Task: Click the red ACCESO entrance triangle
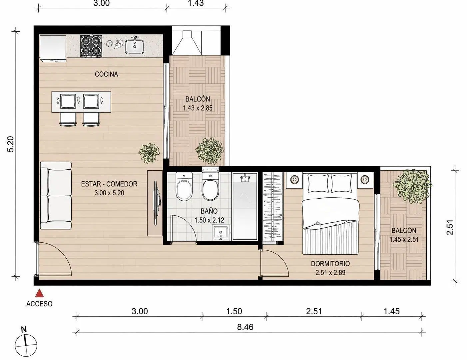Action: click(39, 293)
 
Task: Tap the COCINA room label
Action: click(106, 74)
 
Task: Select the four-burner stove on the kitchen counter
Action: click(91, 46)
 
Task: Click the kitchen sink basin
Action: click(135, 46)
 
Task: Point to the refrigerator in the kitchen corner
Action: click(53, 48)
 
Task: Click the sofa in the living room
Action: click(56, 195)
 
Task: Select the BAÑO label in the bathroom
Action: click(209, 211)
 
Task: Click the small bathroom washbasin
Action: click(221, 233)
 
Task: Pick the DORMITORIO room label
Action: click(330, 264)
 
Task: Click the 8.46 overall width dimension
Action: click(245, 327)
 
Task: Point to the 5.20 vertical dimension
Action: click(11, 144)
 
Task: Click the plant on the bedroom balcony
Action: click(412, 186)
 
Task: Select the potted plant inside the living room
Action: click(149, 153)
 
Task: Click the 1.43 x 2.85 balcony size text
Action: click(198, 108)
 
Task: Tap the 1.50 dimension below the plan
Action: click(234, 311)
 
